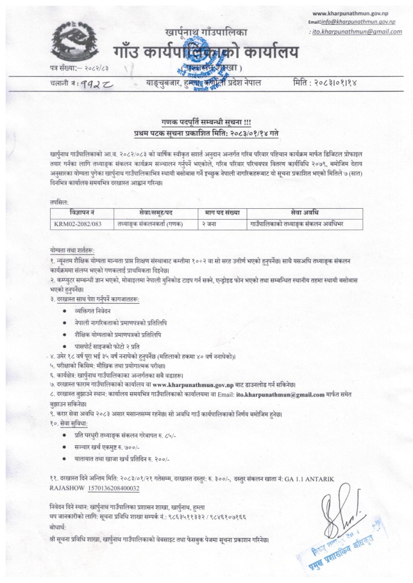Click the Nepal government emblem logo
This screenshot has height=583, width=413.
coord(73,42)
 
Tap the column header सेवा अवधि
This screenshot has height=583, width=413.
coord(299,213)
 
